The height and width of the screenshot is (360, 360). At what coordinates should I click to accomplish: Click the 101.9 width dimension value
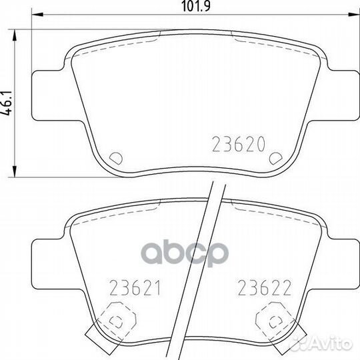point(195,6)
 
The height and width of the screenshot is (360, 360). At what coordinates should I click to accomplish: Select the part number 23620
point(239,145)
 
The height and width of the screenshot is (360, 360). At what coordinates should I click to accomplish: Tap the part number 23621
point(135,288)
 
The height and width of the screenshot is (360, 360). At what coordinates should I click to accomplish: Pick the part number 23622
point(265,288)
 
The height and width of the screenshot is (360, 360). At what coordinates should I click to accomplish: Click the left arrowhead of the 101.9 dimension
point(37,15)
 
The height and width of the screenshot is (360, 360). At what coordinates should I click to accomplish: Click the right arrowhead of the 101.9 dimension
point(353,15)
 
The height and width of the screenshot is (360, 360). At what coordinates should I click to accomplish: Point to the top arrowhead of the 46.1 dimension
point(15,35)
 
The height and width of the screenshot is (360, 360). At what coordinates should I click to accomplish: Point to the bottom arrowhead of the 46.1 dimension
point(15,171)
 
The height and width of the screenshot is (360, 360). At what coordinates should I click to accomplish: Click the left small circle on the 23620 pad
point(116,158)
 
